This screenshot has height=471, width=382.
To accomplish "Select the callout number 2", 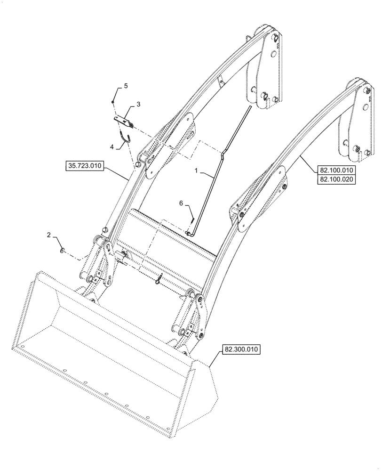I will pos(49,235).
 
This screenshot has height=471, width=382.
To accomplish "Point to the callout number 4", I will pos(112,147).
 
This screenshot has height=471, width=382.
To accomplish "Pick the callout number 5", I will pos(126,86).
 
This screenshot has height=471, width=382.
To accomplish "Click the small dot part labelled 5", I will pos(113,101).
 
